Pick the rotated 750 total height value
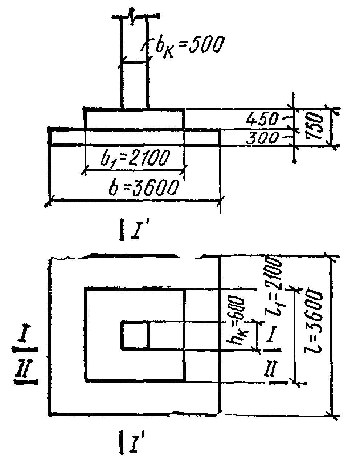314,126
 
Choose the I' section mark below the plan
129,439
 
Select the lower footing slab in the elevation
135,137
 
